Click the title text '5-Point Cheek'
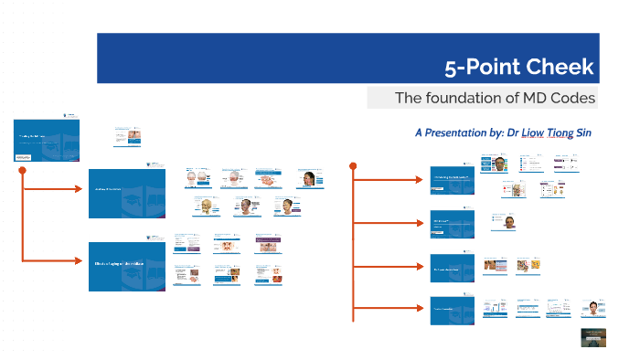click(x=518, y=67)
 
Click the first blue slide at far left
click(x=46, y=141)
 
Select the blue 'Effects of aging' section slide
click(x=127, y=266)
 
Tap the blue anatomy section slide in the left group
click(x=127, y=193)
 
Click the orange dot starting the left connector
click(x=20, y=170)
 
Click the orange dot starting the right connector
click(x=353, y=165)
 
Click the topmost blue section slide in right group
click(x=452, y=180)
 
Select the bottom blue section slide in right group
click(x=452, y=311)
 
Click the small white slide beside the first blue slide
click(x=127, y=137)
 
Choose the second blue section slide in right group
click(x=452, y=223)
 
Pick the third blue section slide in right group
click(x=452, y=267)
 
